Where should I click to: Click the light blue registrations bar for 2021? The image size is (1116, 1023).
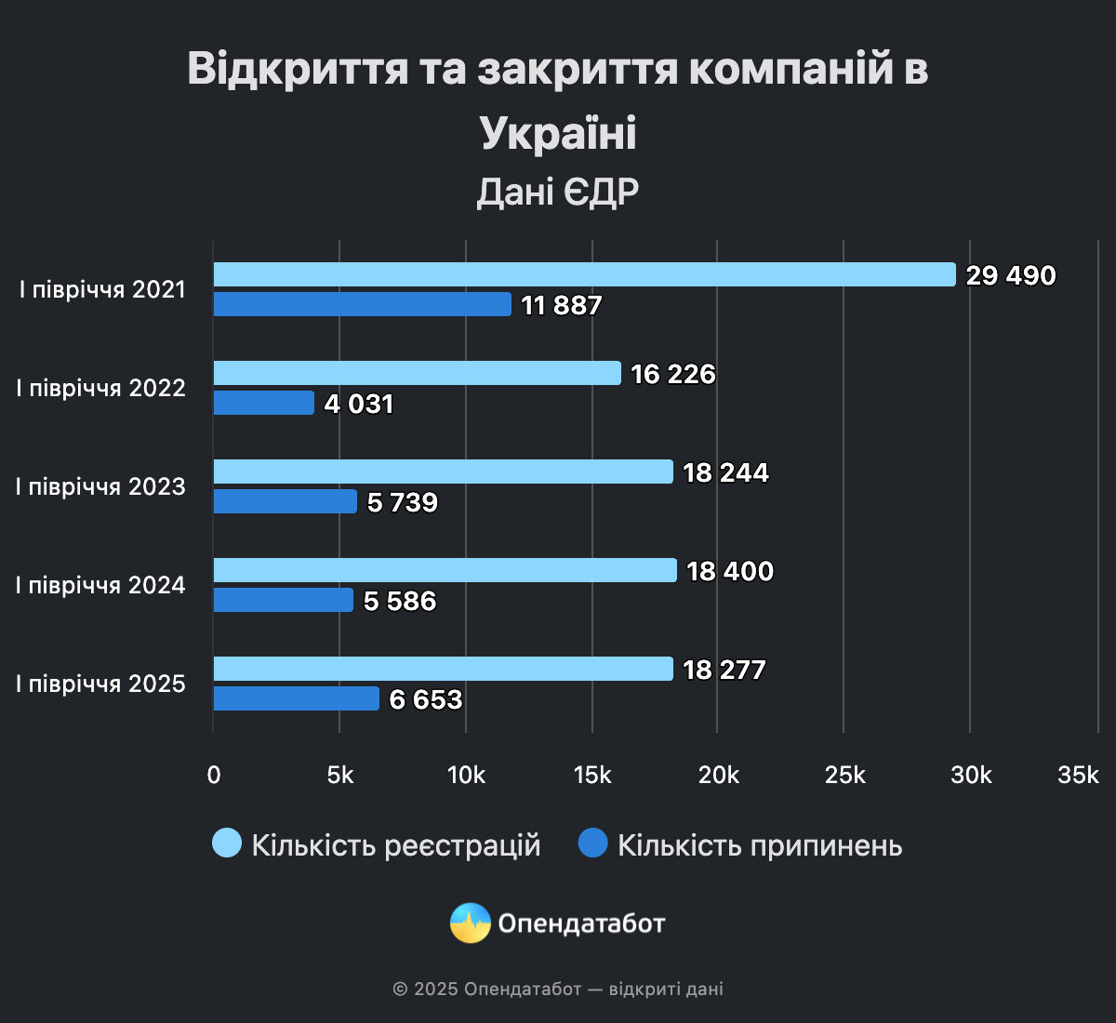(x=584, y=274)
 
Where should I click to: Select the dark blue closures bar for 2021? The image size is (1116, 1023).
(x=362, y=304)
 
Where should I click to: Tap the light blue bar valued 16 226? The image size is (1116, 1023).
(x=417, y=373)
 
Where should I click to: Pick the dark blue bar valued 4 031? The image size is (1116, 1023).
(x=264, y=403)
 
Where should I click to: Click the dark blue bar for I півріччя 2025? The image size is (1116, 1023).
(x=296, y=698)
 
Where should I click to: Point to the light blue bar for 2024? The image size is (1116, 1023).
(x=445, y=570)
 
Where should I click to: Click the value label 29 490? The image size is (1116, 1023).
(x=1011, y=276)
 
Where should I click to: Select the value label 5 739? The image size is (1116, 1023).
(x=403, y=503)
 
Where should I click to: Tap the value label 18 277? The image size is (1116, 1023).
(x=724, y=671)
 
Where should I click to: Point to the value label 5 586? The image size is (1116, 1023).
(x=400, y=602)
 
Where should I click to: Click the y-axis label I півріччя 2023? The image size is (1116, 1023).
(x=100, y=486)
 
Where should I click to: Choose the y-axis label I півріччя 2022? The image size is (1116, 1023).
(x=100, y=388)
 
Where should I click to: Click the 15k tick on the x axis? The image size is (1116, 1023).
(x=592, y=775)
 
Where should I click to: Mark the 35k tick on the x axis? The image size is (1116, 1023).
(x=1078, y=775)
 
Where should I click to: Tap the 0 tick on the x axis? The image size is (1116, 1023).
(x=214, y=775)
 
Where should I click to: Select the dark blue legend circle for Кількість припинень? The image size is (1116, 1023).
(x=592, y=844)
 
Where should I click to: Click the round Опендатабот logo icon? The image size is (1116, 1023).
(x=471, y=923)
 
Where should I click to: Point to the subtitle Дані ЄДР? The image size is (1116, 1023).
(x=558, y=193)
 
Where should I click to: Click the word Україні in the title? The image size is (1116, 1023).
(x=558, y=133)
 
